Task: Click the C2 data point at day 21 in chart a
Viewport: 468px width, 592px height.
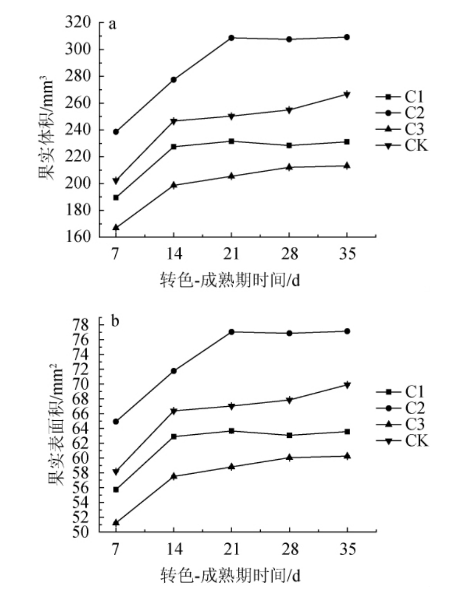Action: tap(231, 38)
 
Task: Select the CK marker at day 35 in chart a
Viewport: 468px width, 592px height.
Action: tap(347, 94)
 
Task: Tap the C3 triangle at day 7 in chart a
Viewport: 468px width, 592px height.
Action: tap(116, 227)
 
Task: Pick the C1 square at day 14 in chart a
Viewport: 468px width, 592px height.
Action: tap(173, 147)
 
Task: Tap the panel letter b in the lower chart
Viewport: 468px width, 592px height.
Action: tap(115, 321)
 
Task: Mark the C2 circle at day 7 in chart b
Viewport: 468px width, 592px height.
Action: tap(116, 421)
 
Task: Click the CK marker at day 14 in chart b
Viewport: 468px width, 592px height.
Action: tap(173, 411)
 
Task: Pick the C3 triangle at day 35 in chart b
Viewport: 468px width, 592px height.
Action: tap(347, 456)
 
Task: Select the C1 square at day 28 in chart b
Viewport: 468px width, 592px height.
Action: tap(289, 435)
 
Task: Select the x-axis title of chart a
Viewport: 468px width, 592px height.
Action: tap(231, 281)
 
